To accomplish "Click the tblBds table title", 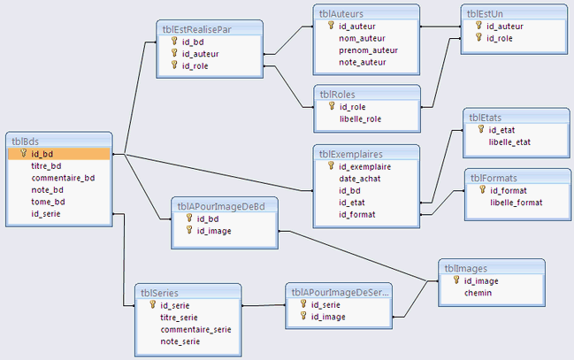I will pos(26,140).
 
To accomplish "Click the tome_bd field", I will pos(49,201).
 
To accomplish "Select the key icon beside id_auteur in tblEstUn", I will pos(478,26).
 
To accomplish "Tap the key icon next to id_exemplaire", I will pos(331,165).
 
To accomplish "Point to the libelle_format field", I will pos(517,203).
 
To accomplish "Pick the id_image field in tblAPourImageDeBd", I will pos(214,230).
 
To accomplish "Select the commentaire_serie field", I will pos(195,329).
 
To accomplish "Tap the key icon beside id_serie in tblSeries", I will pos(152,305).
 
